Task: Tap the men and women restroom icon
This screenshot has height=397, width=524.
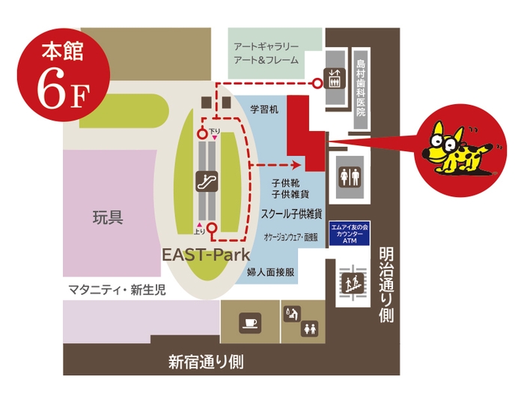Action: point(350,175)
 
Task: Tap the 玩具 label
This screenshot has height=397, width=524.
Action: point(107,218)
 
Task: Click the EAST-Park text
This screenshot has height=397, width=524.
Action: point(207,255)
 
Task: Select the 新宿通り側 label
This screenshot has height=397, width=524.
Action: point(206,363)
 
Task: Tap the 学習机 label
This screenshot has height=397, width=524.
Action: point(264,109)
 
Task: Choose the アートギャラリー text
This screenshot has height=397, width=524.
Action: point(266,46)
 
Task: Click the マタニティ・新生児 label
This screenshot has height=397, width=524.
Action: point(118,289)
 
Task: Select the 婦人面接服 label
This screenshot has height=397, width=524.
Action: point(271,273)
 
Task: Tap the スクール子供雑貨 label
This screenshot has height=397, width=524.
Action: point(292,213)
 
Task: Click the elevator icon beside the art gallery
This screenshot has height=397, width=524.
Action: point(332,76)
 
